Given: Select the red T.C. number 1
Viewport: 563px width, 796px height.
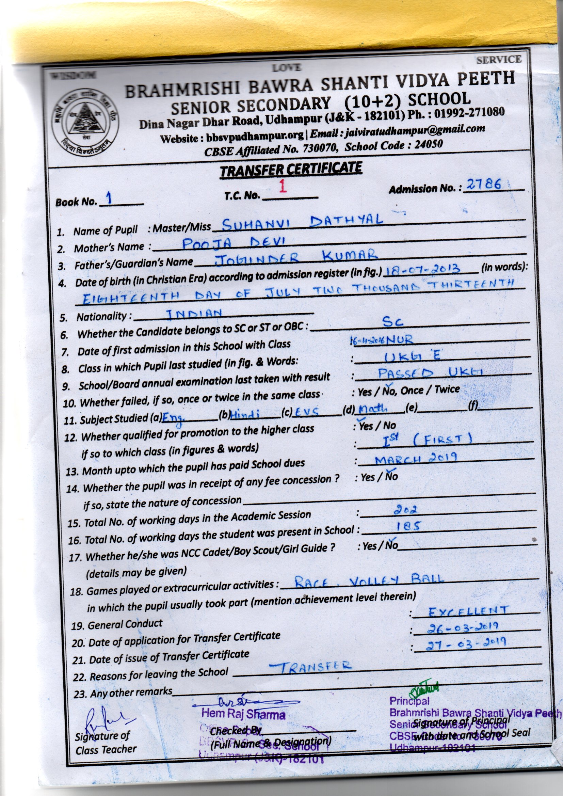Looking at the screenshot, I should click(283, 187).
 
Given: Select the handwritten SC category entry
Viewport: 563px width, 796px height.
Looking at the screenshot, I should click(393, 322).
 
